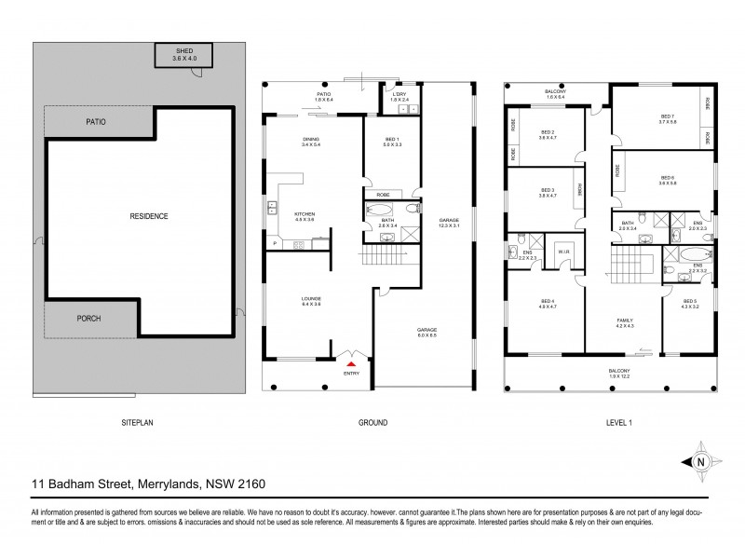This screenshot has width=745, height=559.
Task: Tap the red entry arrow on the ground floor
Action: pyautogui.click(x=351, y=364)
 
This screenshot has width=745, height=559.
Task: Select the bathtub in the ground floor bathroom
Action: pyautogui.click(x=384, y=209)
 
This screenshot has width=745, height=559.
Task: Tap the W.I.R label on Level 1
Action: pyautogui.click(x=563, y=252)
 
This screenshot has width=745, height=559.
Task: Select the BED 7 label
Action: pyautogui.click(x=666, y=116)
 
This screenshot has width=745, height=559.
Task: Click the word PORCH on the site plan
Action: pyautogui.click(x=88, y=319)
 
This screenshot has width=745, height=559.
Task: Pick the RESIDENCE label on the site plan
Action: pyautogui.click(x=149, y=216)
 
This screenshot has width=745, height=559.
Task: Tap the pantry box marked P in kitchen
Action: pyautogui.click(x=276, y=243)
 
